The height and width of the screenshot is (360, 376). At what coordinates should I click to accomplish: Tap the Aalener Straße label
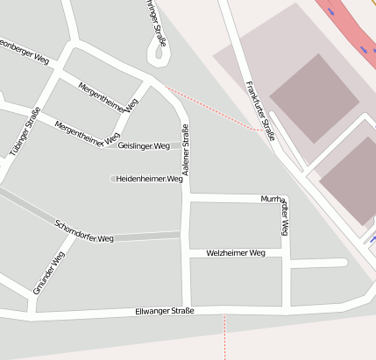[x=186, y=146]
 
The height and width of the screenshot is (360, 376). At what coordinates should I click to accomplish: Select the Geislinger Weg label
[x=143, y=145]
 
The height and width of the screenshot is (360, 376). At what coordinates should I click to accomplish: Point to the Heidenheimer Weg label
[x=148, y=178]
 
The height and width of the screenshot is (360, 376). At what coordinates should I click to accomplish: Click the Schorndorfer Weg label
[x=84, y=230]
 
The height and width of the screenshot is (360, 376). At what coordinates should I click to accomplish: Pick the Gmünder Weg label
[x=48, y=272]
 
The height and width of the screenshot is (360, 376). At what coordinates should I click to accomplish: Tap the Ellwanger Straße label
[x=165, y=311]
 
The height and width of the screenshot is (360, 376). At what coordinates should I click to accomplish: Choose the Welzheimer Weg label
[x=235, y=252]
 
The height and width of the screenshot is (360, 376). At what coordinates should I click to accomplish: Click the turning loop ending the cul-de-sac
[x=159, y=57]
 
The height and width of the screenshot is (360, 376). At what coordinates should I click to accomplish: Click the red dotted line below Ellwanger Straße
[x=225, y=337]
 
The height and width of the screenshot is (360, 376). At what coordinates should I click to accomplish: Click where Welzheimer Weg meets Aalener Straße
[x=186, y=253]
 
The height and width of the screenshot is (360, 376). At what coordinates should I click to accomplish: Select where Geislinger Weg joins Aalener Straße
[x=185, y=145]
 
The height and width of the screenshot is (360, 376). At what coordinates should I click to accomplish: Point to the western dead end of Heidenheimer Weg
[x=112, y=179]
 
